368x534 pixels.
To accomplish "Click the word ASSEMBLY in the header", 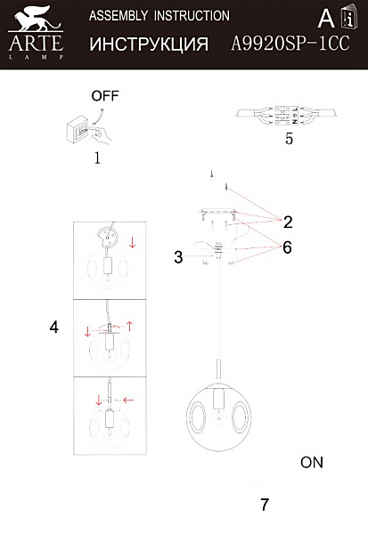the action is (119, 16).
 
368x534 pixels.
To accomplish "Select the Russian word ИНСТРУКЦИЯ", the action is (149, 44).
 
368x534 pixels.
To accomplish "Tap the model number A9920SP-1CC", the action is (290, 44).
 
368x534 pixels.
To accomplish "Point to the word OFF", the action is (105, 96).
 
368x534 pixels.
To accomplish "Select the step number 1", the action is (97, 158).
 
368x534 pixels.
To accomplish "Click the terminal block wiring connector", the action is (287, 115).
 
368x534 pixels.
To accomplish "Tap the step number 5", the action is (289, 139).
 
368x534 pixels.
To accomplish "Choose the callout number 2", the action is (288, 222).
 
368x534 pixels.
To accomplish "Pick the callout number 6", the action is (287, 247).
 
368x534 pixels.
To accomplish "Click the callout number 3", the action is (178, 257).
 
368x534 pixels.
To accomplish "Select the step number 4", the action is (53, 328).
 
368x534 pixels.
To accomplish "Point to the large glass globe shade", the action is (219, 417).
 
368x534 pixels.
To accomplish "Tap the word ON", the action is (312, 463).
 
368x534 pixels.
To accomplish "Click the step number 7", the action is (265, 505).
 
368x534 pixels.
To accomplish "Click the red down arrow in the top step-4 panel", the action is (133, 242).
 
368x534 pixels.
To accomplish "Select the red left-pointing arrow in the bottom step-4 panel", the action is (128, 400).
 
